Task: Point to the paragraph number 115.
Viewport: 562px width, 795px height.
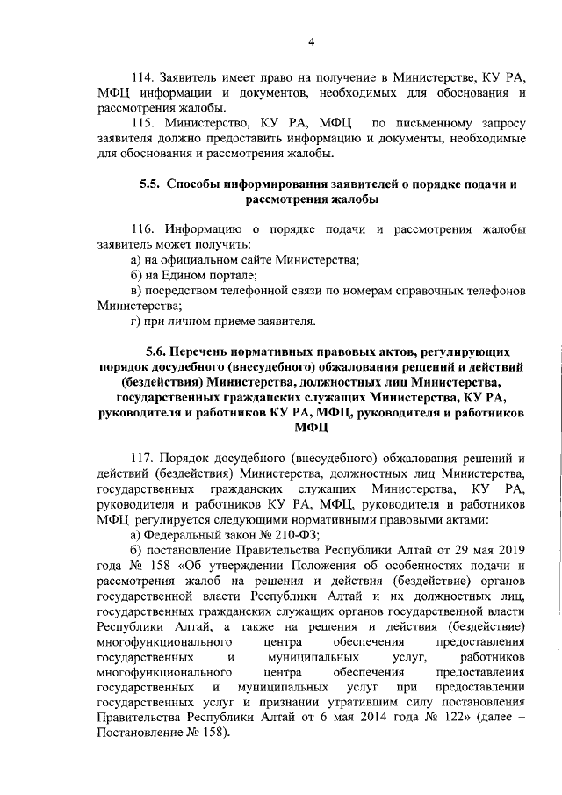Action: tap(143, 124)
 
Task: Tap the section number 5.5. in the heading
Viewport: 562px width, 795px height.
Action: tap(151, 184)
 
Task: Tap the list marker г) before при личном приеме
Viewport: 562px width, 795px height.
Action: tap(135, 322)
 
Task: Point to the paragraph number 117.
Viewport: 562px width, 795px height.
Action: tap(143, 458)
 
